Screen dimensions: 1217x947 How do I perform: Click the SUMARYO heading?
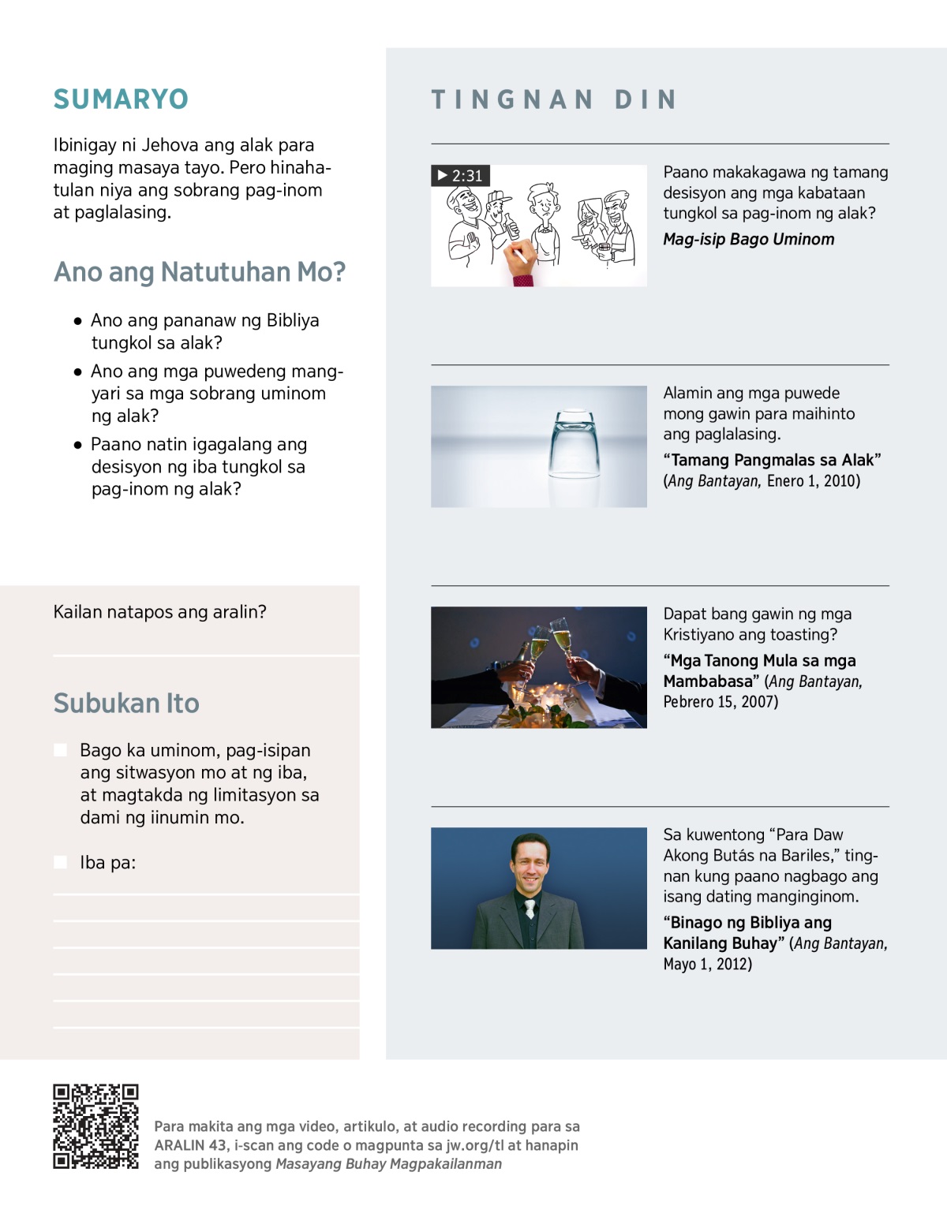coord(121,99)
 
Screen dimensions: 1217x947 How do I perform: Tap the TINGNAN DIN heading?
coord(554,99)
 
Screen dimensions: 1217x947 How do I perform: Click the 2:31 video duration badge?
coord(460,175)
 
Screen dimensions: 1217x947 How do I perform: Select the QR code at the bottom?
coord(95,1126)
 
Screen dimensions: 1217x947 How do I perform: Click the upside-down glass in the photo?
coord(575,446)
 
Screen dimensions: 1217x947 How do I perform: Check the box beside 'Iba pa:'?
coord(60,862)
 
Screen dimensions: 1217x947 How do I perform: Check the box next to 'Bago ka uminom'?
coord(60,750)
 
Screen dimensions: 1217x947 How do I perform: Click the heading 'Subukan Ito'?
coord(126,703)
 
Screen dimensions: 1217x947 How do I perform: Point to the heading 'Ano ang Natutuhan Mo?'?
coord(200,272)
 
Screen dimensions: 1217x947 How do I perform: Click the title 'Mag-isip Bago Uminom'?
coord(748,239)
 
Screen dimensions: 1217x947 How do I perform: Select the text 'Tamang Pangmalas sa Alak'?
coord(772,460)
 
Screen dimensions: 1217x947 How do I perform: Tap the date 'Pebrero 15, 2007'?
coord(720,701)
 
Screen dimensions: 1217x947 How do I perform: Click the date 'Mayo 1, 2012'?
coord(707,964)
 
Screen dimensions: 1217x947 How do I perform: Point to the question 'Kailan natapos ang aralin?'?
coord(159,612)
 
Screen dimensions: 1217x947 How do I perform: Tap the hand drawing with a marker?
coord(520,264)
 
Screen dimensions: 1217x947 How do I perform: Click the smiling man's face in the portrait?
coord(530,862)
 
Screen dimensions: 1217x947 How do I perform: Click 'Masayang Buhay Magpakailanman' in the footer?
coord(388,1164)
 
